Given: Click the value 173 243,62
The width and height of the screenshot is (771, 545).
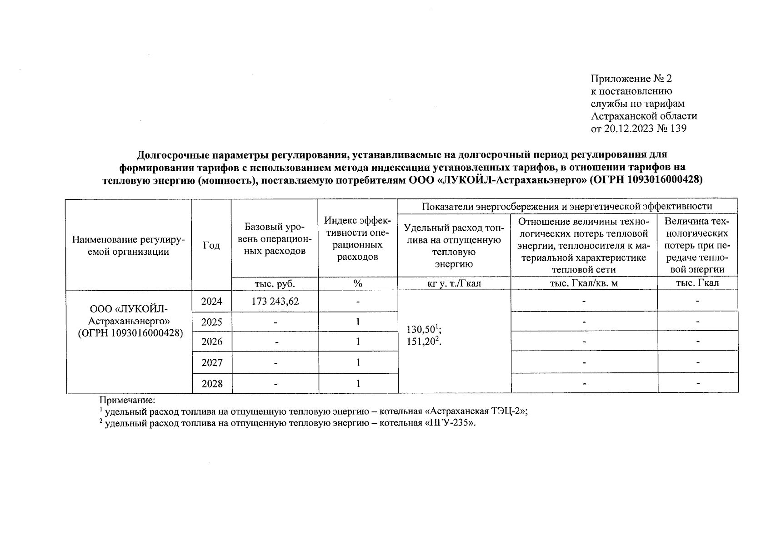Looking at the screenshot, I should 275,301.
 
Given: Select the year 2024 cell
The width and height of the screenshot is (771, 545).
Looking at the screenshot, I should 212,301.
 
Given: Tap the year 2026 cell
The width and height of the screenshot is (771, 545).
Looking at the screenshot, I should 212,342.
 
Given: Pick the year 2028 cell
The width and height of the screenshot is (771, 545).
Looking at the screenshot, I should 212,384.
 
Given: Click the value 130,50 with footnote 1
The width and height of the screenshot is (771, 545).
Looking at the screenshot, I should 424,329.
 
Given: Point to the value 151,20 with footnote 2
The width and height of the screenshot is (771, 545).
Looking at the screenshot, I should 424,341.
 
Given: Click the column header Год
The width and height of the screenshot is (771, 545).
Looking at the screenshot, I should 211,245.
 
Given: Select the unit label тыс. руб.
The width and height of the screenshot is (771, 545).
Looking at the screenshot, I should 275,283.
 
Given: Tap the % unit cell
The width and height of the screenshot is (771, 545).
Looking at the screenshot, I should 358,283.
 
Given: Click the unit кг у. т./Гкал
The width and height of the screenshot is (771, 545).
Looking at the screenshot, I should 454,283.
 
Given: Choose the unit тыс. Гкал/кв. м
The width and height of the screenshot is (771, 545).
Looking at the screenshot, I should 584,283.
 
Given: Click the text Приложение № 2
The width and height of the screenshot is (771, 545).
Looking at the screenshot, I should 631,79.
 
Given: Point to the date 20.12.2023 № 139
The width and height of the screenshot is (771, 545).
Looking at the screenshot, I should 645,129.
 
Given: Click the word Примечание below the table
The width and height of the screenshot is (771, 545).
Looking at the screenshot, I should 127,401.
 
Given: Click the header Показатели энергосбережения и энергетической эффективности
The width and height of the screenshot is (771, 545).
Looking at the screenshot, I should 567,206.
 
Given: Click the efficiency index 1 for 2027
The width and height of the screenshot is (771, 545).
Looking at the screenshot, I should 358,362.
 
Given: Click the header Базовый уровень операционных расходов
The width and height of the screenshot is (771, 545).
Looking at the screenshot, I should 275,239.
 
